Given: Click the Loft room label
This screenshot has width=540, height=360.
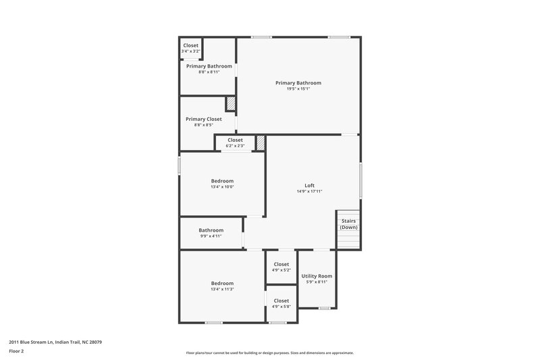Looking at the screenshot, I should click(309, 185).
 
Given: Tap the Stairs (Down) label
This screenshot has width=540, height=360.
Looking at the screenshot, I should click(348, 224).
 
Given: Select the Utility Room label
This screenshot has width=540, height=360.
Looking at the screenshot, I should click(317, 276).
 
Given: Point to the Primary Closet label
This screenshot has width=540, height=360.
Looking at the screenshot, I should click(204, 119).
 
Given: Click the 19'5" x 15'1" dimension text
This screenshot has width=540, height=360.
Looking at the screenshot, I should click(298, 88).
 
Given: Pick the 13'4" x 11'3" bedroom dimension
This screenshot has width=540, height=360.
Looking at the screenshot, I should click(222, 289).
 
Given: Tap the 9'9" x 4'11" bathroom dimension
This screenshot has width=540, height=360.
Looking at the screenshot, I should click(211, 236).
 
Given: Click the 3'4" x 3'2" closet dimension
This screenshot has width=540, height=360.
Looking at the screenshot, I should click(191, 51).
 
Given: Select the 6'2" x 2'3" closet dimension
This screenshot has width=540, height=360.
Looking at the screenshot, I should click(235, 146).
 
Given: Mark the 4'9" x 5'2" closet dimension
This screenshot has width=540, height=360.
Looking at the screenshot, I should click(281, 270).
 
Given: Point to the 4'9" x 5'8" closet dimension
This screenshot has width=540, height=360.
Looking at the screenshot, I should click(281, 307).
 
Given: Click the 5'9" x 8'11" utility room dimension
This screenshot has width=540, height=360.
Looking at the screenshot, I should click(317, 282).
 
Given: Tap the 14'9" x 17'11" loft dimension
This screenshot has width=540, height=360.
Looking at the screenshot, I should click(309, 191).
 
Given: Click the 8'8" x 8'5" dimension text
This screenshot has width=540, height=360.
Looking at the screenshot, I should click(204, 125).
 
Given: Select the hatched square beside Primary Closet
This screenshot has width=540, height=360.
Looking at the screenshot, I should click(231, 103).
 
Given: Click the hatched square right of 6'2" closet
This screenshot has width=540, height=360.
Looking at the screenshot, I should click(261, 143).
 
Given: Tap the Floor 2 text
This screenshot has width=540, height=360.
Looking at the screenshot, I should click(17, 351).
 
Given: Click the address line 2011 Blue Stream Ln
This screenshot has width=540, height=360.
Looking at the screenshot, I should click(55, 342).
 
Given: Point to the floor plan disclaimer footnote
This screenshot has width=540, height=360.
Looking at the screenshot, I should click(270, 353).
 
